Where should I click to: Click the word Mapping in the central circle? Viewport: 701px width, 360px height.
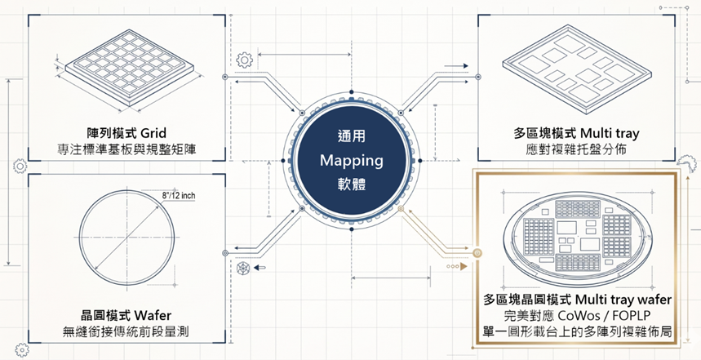point(352,161)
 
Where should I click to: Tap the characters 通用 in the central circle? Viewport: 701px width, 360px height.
point(352,136)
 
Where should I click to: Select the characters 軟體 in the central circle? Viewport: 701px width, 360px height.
point(352,184)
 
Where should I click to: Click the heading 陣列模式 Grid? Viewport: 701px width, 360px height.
point(127,133)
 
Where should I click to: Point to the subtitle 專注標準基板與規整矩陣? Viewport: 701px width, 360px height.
point(127,149)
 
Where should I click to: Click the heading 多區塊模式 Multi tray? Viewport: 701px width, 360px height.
point(577,133)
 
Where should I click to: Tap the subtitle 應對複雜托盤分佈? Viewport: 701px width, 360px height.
point(577,149)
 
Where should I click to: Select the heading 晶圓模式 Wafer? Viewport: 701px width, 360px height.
point(126,316)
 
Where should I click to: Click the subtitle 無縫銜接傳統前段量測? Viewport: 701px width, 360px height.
point(126,331)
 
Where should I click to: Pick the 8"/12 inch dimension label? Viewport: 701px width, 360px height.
point(179,196)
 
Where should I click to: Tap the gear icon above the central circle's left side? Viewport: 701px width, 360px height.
point(244,60)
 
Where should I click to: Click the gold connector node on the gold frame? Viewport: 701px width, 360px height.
point(477,253)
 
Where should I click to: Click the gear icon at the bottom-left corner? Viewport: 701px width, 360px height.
point(21,349)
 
